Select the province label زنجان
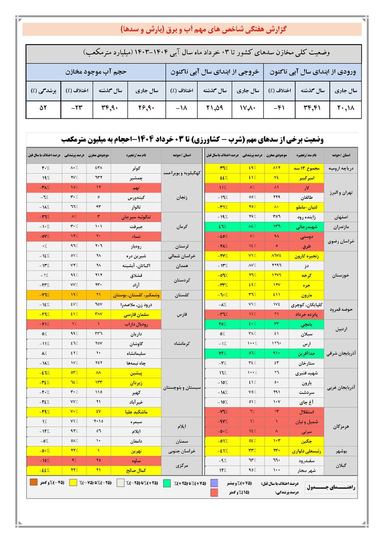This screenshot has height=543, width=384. tap(183, 197)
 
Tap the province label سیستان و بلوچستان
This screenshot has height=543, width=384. tap(183, 387)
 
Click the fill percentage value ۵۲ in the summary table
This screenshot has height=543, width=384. tap(43, 109)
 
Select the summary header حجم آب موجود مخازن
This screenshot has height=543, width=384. tap(96, 72)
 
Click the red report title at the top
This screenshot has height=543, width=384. tap(192, 29)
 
